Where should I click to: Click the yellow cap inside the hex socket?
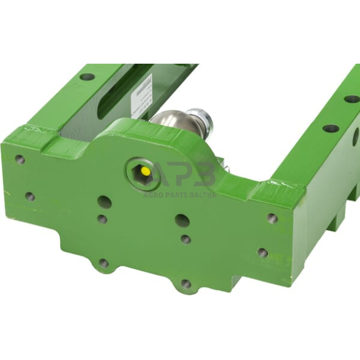pyautogui.click(x=145, y=172)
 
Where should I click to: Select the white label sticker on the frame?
pyautogui.click(x=143, y=94)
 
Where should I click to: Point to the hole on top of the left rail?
pyautogui.click(x=88, y=77)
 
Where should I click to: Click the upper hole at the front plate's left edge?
pyautogui.click(x=20, y=159)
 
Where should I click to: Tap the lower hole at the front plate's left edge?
pyautogui.click(x=29, y=197)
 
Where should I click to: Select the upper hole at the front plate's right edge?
pyautogui.click(x=272, y=218)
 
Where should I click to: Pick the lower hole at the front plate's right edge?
pyautogui.click(x=263, y=252)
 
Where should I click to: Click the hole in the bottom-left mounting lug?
pyautogui.click(x=103, y=263)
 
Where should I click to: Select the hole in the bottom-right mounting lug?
pyautogui.click(x=186, y=283)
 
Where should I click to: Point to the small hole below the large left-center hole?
pyautogui.click(x=102, y=219)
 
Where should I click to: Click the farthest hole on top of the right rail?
pyautogui.click(x=351, y=99)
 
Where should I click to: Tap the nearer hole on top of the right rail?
pyautogui.click(x=331, y=129)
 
